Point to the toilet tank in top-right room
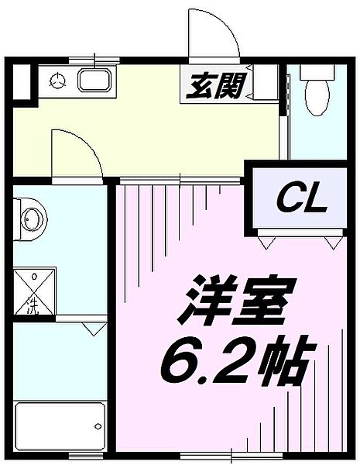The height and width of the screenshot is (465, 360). point(318,72)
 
